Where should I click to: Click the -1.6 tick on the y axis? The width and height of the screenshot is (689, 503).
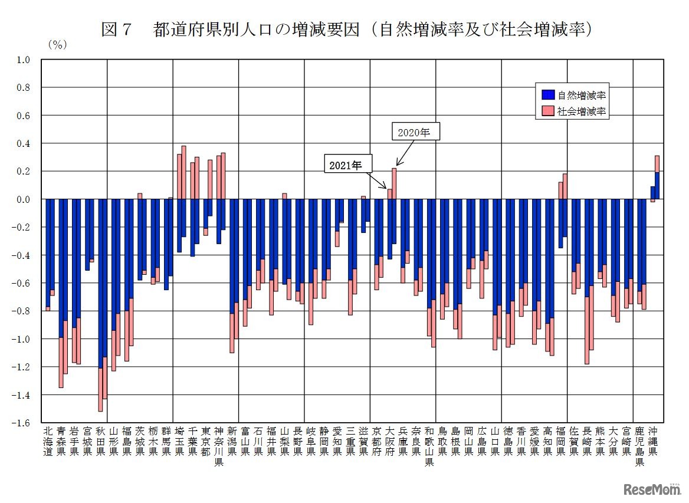[x=22, y=423]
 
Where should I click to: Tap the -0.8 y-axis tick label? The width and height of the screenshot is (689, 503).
[x=22, y=311]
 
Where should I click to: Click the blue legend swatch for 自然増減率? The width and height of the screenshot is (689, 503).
[x=547, y=94]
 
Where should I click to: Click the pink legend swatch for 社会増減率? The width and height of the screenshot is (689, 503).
[x=547, y=111]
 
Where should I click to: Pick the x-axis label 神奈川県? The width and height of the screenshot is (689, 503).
[x=219, y=446]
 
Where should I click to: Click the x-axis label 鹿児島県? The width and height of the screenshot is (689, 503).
[x=639, y=446]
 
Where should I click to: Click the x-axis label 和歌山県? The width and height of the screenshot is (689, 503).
[x=429, y=446]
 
